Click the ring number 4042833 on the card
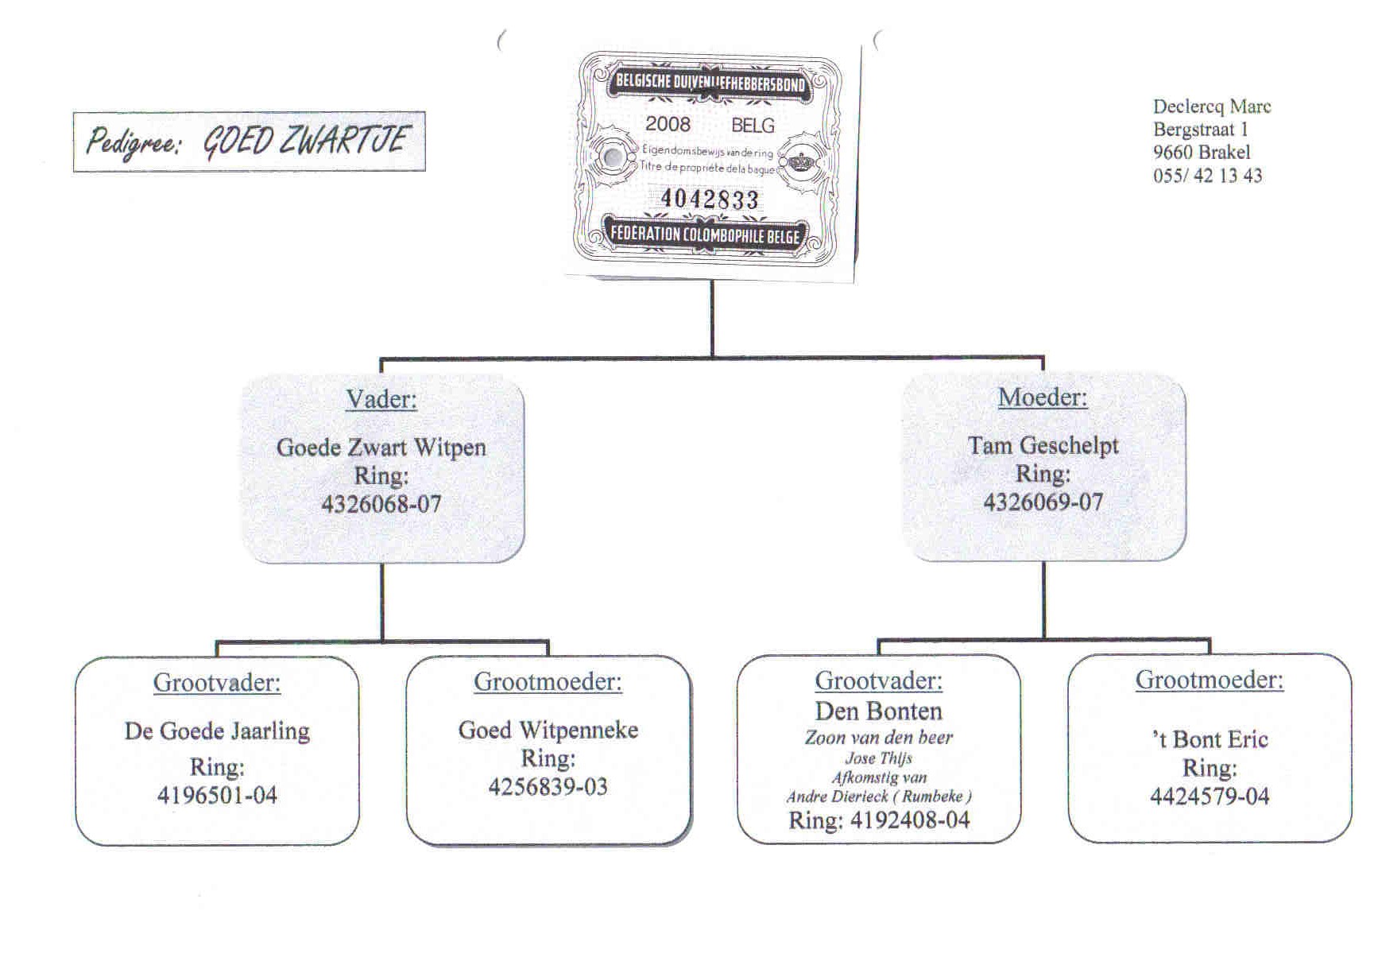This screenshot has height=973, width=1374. click(x=709, y=198)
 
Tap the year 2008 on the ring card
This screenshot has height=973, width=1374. click(x=668, y=124)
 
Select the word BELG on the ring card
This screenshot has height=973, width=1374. click(x=752, y=126)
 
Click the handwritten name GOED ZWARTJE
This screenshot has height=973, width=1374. click(x=305, y=141)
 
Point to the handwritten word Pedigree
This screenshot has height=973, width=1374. click(x=134, y=143)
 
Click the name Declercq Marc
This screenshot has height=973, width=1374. click(x=1211, y=107)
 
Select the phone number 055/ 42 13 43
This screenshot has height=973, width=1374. click(x=1207, y=176)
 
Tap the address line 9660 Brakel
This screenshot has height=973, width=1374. click(x=1201, y=153)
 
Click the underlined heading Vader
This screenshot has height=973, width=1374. click(x=381, y=399)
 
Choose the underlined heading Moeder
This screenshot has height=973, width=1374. click(x=1043, y=397)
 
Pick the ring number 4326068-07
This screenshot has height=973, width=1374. click(x=381, y=504)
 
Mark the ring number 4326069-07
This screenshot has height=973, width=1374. click(x=1043, y=502)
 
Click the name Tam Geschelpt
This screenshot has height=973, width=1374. click(x=1043, y=445)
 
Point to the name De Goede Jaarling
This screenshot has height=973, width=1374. click(x=217, y=731)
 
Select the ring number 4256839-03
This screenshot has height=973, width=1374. click(x=548, y=787)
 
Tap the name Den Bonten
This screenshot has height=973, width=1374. click(x=878, y=711)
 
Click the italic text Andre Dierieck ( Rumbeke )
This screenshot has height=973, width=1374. click(x=878, y=797)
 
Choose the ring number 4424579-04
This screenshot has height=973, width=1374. click(x=1209, y=797)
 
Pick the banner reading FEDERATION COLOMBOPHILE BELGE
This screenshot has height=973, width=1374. click(x=705, y=235)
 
